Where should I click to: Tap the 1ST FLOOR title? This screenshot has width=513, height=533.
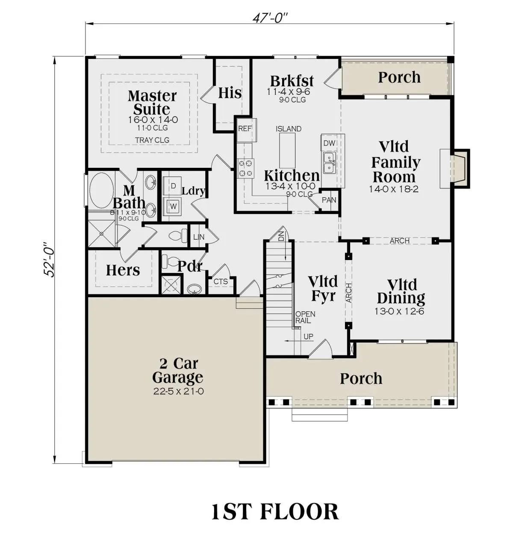coord(275,511)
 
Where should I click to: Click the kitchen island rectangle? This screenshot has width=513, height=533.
coord(287,150)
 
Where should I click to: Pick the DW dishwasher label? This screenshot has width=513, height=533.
coord(329,143)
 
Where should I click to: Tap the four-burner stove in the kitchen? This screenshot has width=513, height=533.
coord(246,168)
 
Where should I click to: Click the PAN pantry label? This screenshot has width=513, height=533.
coord(329,200)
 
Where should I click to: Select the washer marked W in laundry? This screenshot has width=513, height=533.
coord(173,206)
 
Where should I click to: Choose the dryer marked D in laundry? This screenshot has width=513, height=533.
coord(173,186)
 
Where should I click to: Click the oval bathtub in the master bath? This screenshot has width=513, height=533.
coord(102,190)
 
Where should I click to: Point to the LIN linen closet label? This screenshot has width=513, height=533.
coord(199,237)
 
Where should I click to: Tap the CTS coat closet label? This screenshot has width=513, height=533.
coord(221,281)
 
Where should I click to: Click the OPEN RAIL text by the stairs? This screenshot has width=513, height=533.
coord(305,317)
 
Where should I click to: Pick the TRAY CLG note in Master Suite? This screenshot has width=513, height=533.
coord(152,140)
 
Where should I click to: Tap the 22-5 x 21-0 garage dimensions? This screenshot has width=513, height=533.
coord(179,391)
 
